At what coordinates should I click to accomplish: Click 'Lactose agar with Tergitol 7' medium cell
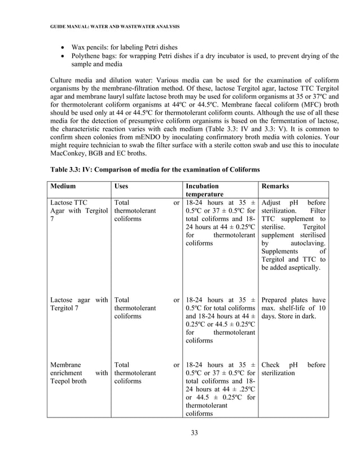pyautogui.click(x=78, y=305)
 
